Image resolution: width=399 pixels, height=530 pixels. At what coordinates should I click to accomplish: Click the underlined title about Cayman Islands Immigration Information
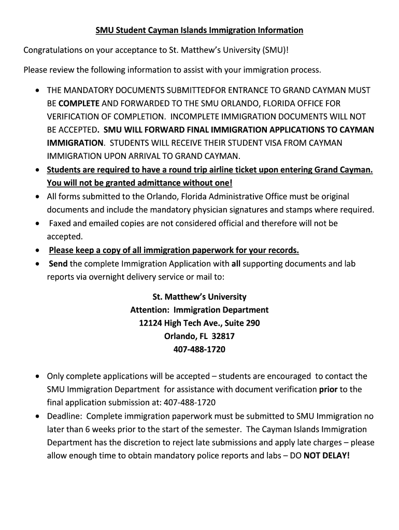[199, 31]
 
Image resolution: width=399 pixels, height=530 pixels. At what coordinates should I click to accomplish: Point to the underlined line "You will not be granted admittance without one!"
[139, 183]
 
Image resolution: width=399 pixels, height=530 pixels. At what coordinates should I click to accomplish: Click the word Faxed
[61, 223]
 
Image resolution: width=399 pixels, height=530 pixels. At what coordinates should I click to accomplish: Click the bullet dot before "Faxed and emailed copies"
[38, 224]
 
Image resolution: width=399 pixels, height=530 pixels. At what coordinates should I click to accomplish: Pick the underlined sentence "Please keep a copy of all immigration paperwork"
[174, 251]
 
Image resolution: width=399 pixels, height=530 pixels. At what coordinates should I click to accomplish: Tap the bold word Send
[58, 263]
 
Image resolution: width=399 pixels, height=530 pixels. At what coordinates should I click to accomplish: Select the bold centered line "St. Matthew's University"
[199, 297]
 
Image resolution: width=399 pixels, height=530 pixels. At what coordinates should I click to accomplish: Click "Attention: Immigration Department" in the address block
[199, 310]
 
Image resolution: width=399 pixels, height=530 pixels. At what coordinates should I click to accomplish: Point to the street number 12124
[151, 323]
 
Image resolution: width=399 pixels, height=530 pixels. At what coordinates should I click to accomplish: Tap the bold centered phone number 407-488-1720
[199, 349]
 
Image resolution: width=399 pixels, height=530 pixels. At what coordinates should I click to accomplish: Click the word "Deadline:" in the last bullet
[64, 416]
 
